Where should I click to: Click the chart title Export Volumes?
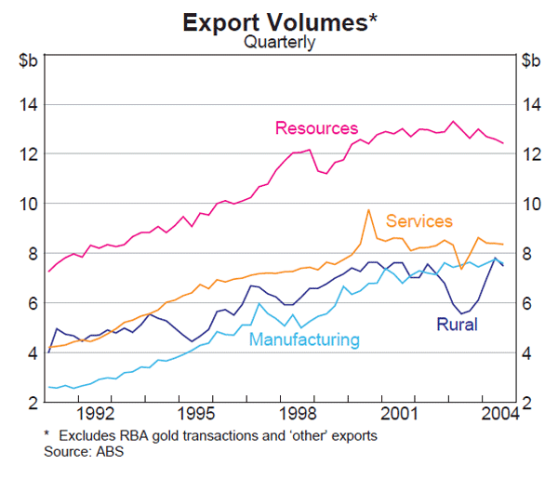279,20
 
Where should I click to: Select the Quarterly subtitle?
279,42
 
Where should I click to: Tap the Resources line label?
316,128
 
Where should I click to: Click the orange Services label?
419,221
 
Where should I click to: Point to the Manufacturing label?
304,339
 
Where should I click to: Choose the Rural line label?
457,325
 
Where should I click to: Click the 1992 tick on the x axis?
97,413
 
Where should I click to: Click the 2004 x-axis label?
495,413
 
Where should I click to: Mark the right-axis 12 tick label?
530,154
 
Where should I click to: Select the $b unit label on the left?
28,61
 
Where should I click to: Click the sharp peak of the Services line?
368,210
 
